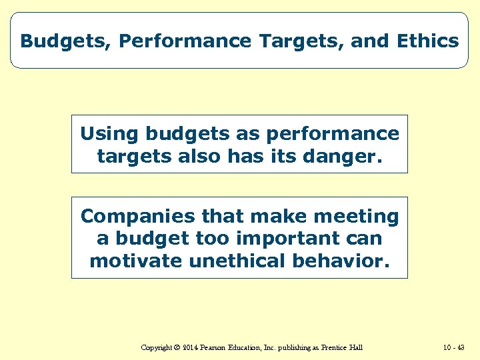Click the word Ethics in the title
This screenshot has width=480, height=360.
click(427, 41)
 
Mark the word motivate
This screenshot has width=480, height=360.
click(137, 261)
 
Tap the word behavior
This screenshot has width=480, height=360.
click(340, 261)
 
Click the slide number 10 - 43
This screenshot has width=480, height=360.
click(453, 347)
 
